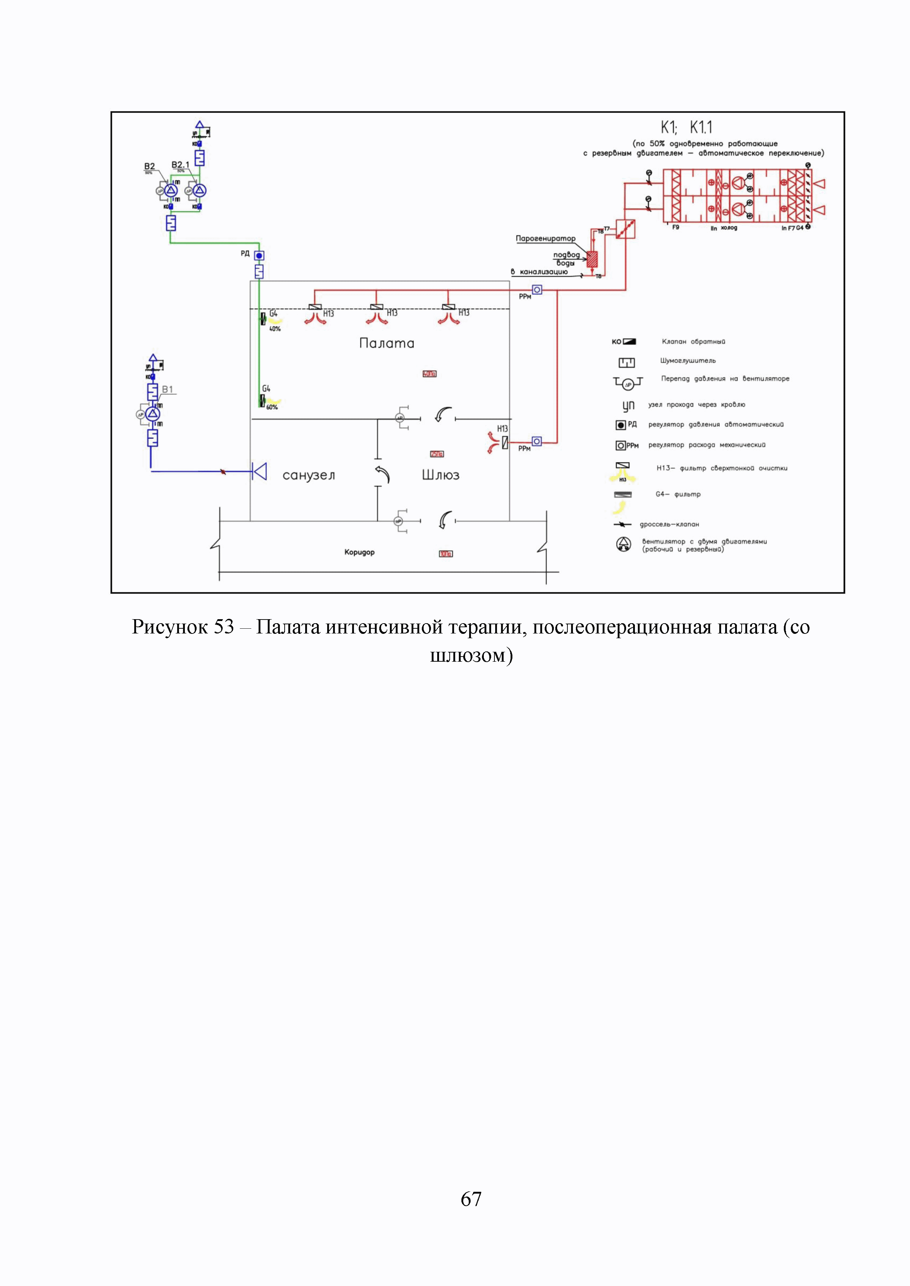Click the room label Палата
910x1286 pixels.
pyautogui.click(x=387, y=343)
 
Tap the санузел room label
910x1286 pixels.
pyautogui.click(x=309, y=475)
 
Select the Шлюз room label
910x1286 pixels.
pyautogui.click(x=441, y=475)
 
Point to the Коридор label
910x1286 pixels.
pyautogui.click(x=359, y=552)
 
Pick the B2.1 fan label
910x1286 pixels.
pyautogui.click(x=180, y=165)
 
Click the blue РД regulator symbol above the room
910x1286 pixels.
pyautogui.click(x=259, y=256)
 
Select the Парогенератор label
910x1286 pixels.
pyautogui.click(x=545, y=239)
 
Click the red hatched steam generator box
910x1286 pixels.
pyautogui.click(x=592, y=258)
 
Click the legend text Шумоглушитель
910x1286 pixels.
pyautogui.click(x=687, y=361)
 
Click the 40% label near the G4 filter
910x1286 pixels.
pyautogui.click(x=275, y=329)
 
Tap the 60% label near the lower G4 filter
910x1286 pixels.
pyautogui.click(x=272, y=407)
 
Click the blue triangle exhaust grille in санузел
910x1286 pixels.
pyautogui.click(x=259, y=471)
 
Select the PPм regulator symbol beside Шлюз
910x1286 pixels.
pyautogui.click(x=537, y=441)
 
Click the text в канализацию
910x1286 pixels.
pyautogui.click(x=539, y=272)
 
